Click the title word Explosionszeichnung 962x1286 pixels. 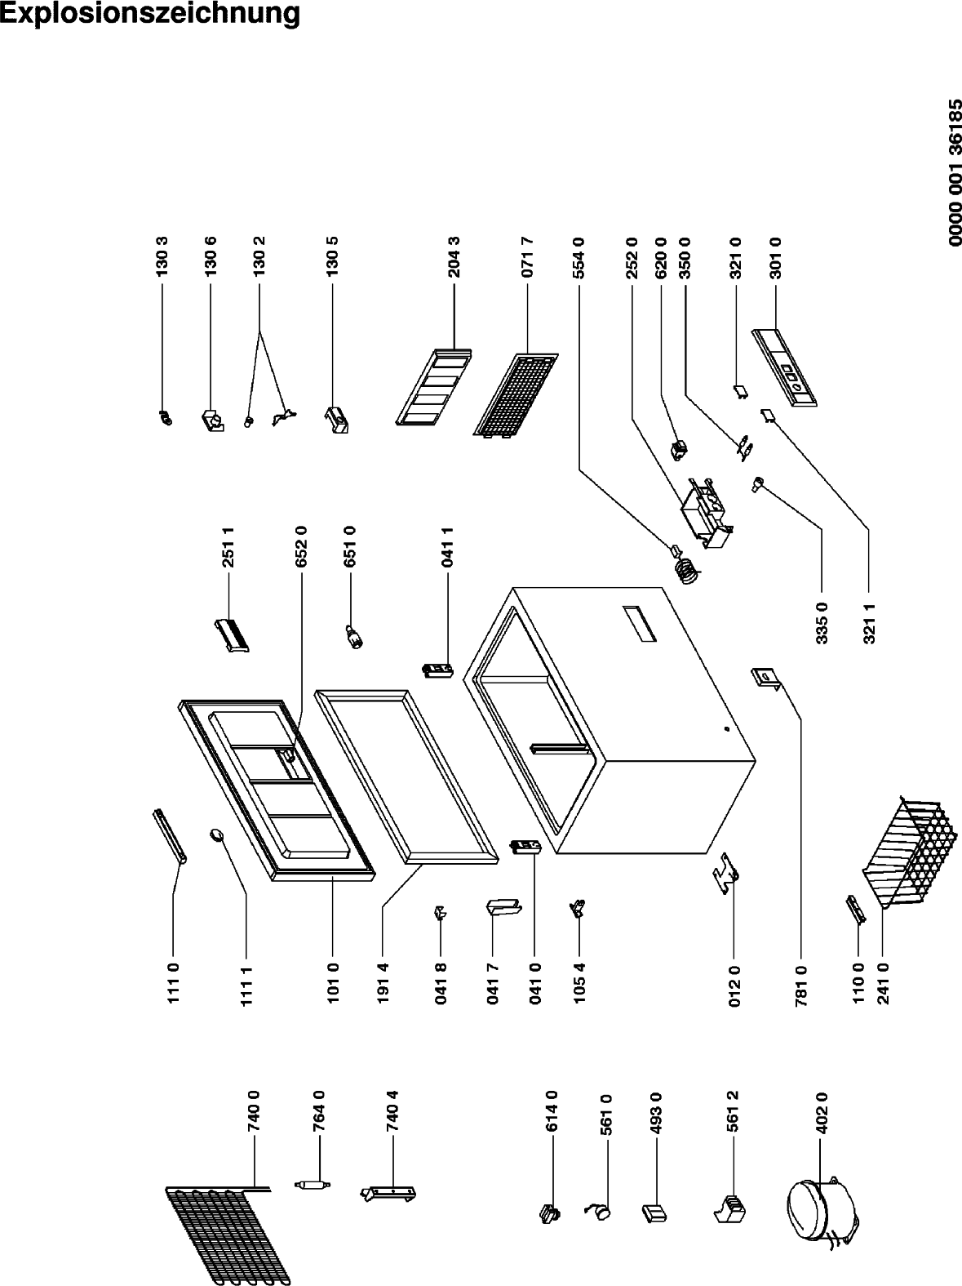(150, 14)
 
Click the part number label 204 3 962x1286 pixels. (454, 257)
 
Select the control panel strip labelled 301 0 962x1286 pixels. (784, 367)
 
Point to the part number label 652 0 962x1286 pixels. (302, 546)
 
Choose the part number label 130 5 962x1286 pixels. (332, 257)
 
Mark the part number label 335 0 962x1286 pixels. (822, 622)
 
